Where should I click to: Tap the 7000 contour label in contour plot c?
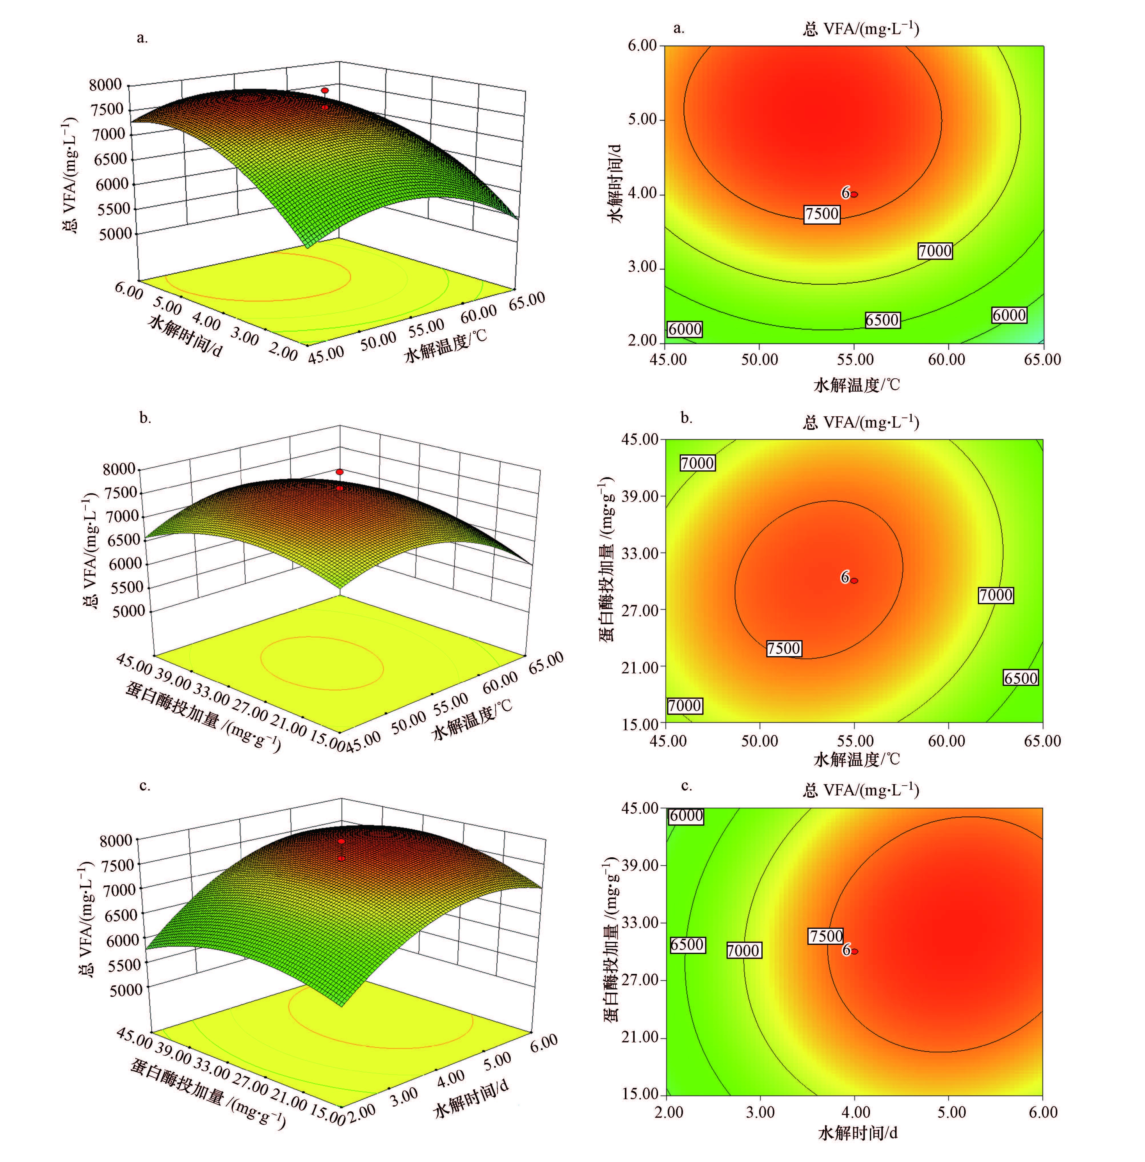click(743, 950)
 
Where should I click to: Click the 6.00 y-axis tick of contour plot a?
click(642, 46)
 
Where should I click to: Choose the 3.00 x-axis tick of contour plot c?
click(760, 1112)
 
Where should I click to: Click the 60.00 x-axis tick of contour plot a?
click(947, 360)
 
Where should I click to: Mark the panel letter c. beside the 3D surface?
click(144, 786)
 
